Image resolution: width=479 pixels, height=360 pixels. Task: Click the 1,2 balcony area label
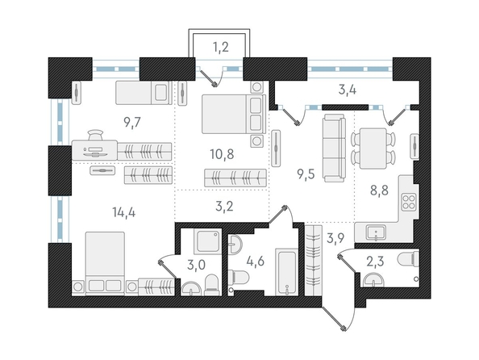coord(221,48)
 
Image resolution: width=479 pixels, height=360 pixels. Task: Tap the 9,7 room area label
coord(132,123)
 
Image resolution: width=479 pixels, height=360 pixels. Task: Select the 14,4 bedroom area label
coord(123,211)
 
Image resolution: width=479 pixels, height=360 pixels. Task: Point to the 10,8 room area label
coord(222,154)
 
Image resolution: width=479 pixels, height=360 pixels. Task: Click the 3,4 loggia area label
coord(348,90)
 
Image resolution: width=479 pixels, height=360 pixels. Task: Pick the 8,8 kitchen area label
coord(379,190)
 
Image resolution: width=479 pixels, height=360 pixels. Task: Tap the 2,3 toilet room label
coord(376,262)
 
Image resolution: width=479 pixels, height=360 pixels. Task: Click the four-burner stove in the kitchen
coord(408,202)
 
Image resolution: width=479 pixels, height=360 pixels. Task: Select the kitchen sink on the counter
coord(376,233)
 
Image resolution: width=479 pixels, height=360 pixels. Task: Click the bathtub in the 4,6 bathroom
coord(287,271)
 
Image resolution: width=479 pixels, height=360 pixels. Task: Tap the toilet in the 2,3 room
coord(408,259)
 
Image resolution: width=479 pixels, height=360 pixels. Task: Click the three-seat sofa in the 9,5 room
coord(334,148)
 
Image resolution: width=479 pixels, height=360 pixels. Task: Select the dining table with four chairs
coord(373,149)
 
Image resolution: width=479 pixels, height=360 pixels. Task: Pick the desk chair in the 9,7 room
coord(96,134)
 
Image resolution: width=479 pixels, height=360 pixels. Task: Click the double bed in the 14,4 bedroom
coord(105,263)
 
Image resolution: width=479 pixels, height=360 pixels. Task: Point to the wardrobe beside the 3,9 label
coord(314,260)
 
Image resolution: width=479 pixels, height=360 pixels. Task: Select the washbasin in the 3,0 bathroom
coord(191,289)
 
